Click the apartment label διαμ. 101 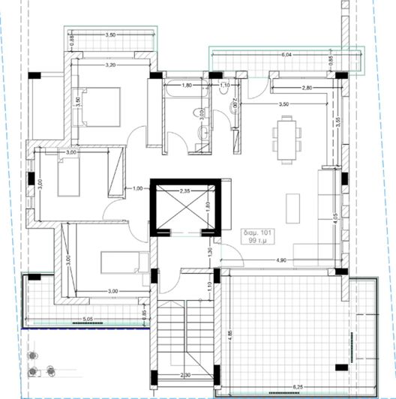point(259,232)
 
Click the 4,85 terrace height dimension point(226,333)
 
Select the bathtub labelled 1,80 point(187,86)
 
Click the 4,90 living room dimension point(282,260)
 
